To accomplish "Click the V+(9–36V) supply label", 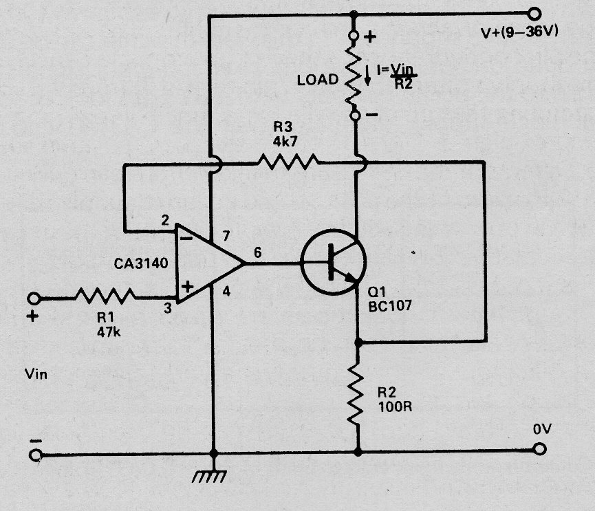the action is (519, 32).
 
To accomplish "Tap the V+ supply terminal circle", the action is (534, 14).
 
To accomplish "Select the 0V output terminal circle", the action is (539, 449).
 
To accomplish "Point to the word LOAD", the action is (318, 80).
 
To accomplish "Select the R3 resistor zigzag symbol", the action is (288, 162).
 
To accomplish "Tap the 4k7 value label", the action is (285, 142).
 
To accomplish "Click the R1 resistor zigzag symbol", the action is (105, 296).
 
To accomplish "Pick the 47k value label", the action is (109, 332).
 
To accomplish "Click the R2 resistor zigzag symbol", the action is (356, 394).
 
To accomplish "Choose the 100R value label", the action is (395, 406).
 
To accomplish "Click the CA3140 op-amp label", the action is (141, 263).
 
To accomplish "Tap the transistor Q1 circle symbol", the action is (334, 262).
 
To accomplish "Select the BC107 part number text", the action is (390, 306).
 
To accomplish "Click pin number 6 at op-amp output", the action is (258, 252).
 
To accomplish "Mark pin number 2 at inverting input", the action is (165, 220).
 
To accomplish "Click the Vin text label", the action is (36, 374).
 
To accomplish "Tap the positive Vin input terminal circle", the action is (34, 298).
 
